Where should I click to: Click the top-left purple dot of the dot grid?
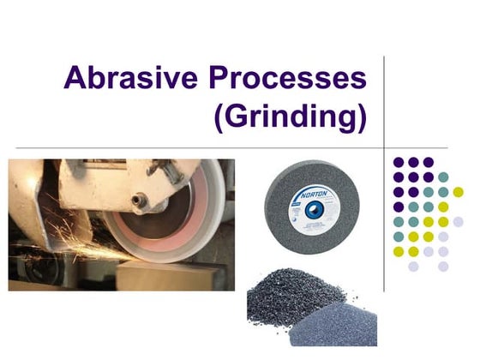tap(398, 162)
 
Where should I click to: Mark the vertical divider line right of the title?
tap(383, 103)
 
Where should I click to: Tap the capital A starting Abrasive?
tap(76, 80)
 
